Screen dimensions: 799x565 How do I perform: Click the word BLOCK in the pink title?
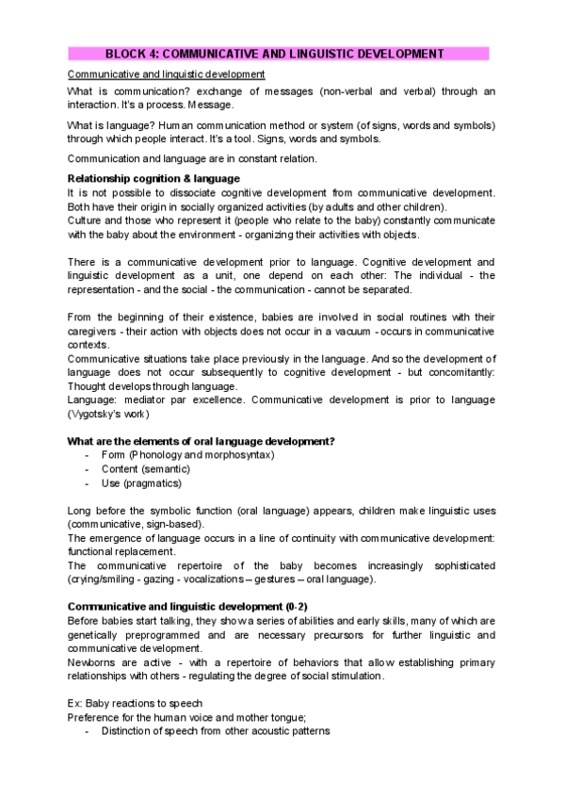(123, 55)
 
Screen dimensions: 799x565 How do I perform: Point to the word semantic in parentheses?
(165, 469)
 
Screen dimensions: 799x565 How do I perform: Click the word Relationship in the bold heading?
(103, 178)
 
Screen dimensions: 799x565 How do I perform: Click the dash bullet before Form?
(87, 455)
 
